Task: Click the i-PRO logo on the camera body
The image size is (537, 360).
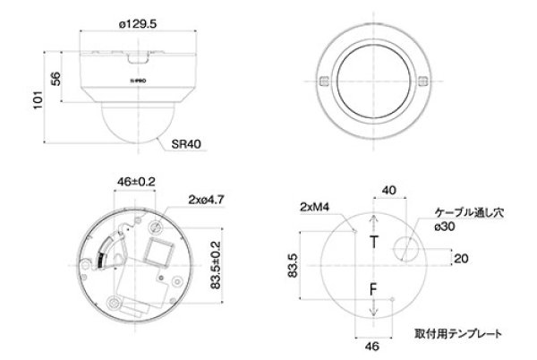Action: point(140,81)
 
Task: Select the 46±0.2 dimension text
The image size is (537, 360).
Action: point(137,182)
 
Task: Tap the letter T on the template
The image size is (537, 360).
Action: point(375,242)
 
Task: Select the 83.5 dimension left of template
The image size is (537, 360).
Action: point(292,266)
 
